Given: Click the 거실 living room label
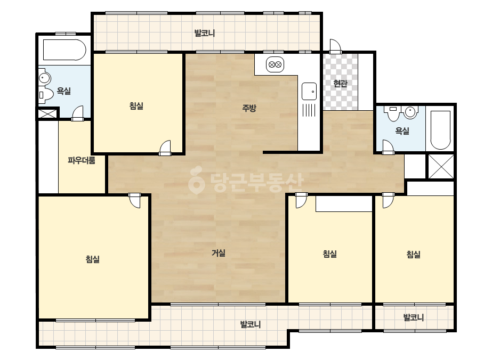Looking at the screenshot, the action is (x=219, y=253).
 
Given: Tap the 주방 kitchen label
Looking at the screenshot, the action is (x=249, y=108).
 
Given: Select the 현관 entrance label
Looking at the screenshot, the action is (x=340, y=84).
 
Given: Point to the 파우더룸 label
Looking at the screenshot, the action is (x=82, y=160).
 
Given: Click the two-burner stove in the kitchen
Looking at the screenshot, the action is (x=275, y=65).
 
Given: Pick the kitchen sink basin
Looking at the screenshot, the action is (x=309, y=91).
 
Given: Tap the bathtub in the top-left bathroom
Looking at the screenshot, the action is (x=64, y=50).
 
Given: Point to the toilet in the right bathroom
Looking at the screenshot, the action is (x=393, y=113).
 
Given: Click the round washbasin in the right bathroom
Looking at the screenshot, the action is (x=411, y=112).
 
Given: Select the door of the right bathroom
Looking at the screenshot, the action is (x=388, y=147).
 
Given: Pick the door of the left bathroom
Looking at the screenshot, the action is (x=77, y=113).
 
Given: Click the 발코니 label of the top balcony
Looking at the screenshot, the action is (x=205, y=33).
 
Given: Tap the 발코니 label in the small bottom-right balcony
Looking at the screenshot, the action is (x=413, y=317).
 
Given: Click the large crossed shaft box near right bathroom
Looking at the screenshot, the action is (x=441, y=167).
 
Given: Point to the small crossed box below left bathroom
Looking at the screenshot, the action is (x=47, y=113).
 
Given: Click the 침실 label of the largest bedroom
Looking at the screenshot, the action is (x=93, y=259).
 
